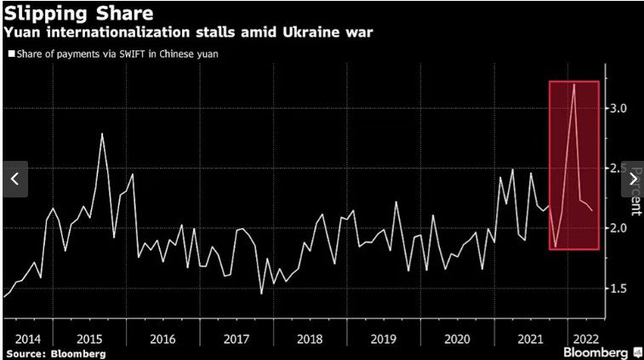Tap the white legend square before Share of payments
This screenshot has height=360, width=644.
click(10, 54)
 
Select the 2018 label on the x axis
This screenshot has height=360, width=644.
click(310, 338)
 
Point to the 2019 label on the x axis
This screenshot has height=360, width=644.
click(384, 338)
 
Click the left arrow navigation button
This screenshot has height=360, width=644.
click(14, 179)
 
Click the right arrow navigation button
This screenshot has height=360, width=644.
click(632, 179)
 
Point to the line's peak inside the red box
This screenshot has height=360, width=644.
click(574, 84)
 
